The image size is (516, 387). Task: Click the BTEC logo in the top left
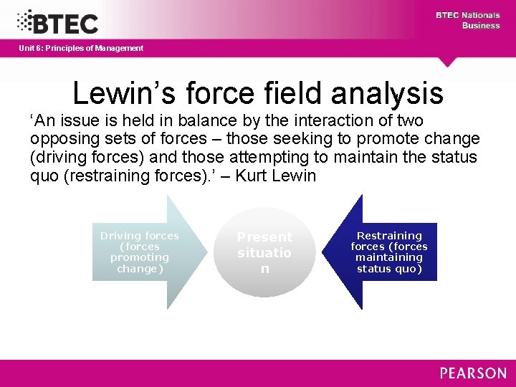[x=57, y=21]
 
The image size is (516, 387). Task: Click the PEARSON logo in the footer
[x=473, y=373]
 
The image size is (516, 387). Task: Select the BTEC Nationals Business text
[x=468, y=20]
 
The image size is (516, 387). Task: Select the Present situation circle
[x=264, y=253]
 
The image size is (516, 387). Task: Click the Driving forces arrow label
[x=140, y=252]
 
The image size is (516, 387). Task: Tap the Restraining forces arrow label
[x=389, y=252]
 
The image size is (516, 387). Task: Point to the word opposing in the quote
[x=60, y=139]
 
